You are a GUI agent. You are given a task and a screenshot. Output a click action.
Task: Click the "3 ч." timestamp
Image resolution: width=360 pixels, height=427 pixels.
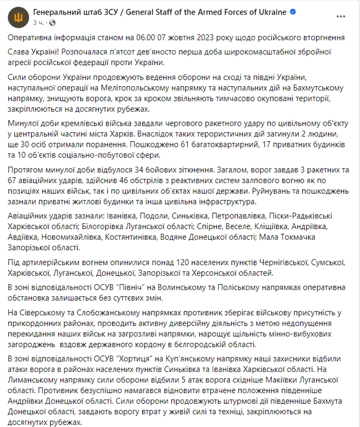pyautogui.click(x=38, y=23)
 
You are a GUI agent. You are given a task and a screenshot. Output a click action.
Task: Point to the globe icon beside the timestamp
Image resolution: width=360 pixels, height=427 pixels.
pyautogui.click(x=52, y=23)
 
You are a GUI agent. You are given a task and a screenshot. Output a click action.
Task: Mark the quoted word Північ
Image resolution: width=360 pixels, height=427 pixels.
pyautogui.click(x=129, y=287)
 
